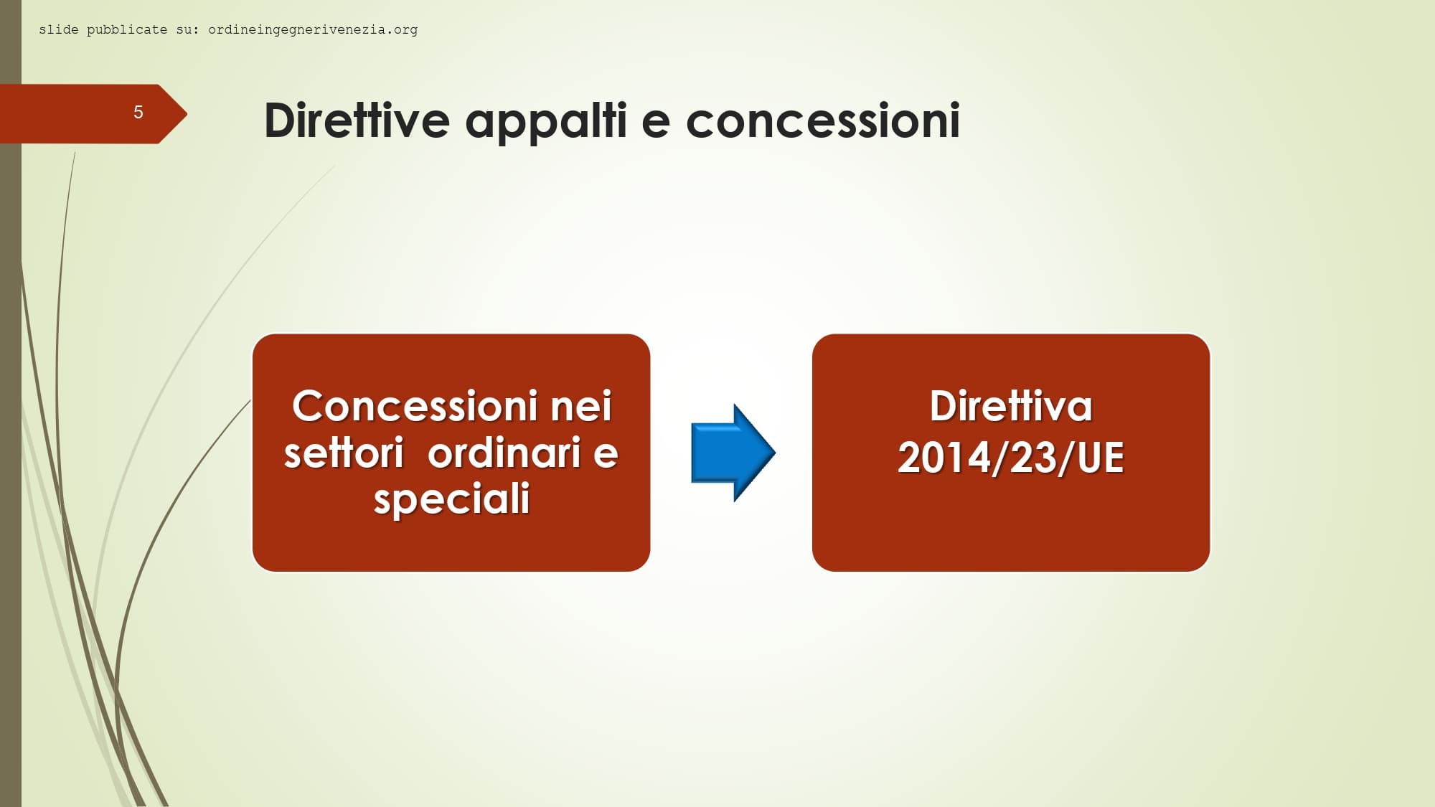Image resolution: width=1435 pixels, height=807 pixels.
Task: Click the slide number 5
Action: coord(138,112)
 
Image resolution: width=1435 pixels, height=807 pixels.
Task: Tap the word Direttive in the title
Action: coord(357,120)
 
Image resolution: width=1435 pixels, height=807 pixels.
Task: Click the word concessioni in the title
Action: coord(823,120)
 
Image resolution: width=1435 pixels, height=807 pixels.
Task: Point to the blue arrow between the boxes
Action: coord(733,453)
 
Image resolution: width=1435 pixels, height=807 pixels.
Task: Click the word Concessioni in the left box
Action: coord(415,406)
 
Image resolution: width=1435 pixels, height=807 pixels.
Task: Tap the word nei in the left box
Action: coord(581,406)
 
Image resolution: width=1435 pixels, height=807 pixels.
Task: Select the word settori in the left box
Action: coord(344,453)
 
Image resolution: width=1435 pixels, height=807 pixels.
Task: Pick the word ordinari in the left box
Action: coord(504,453)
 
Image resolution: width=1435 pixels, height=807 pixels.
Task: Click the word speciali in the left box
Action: coord(451,500)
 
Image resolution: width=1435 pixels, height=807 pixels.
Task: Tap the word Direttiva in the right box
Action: coord(1011,406)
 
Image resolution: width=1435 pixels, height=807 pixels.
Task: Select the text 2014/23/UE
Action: coord(1011,458)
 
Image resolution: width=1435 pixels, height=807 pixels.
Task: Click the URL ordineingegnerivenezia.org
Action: coord(313,30)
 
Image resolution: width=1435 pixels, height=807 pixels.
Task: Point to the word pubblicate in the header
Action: coord(127,30)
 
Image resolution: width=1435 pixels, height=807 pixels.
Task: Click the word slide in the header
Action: coord(59,29)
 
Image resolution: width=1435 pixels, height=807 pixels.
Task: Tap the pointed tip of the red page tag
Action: coord(187,113)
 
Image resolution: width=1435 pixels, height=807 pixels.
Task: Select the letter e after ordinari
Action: coord(606,455)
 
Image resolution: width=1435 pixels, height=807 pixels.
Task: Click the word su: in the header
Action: coord(187,30)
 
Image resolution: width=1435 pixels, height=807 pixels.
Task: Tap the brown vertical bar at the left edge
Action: coord(11,403)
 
